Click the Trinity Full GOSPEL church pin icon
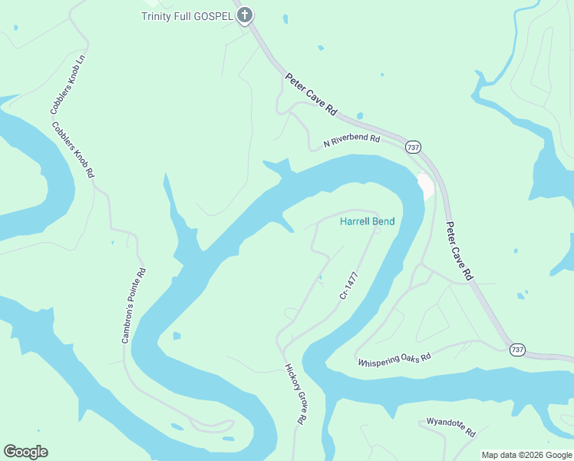(245, 15)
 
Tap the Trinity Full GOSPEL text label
(187, 16)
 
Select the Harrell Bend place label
(368, 221)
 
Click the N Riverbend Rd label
(351, 141)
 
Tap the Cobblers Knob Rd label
(73, 150)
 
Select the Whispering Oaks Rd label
(394, 358)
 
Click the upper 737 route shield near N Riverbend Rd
(414, 147)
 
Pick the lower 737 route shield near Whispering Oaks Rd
(518, 350)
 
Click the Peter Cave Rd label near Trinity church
(311, 94)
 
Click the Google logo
(25, 452)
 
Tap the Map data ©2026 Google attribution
(526, 455)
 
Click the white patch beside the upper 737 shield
(426, 186)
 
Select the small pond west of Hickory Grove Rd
(177, 336)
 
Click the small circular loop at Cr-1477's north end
(377, 230)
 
